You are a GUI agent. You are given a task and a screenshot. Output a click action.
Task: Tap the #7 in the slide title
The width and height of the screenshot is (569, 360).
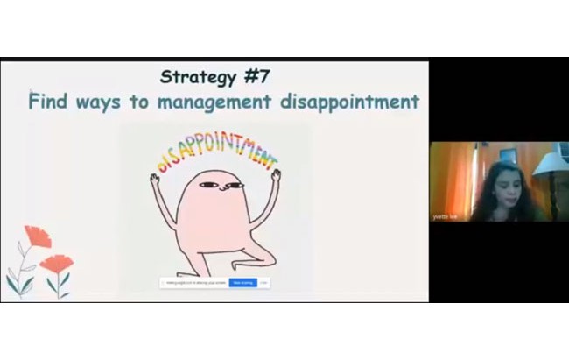click(x=256, y=76)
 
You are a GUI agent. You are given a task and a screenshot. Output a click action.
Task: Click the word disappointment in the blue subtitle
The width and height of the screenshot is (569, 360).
click(x=350, y=102)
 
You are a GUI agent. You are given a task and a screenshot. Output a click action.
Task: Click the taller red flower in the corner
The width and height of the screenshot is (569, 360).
click(x=37, y=236)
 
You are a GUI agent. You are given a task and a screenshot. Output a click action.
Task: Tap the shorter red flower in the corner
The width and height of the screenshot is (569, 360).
click(x=58, y=263)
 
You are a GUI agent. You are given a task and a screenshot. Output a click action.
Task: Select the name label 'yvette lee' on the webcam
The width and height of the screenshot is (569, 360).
click(x=445, y=216)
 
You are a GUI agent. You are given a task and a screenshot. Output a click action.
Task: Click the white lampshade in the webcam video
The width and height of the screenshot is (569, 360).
click(x=551, y=163)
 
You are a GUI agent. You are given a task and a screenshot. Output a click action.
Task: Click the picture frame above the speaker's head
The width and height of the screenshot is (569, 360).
click(x=508, y=155)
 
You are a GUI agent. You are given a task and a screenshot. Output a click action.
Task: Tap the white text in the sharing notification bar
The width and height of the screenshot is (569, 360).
click(x=242, y=282)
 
